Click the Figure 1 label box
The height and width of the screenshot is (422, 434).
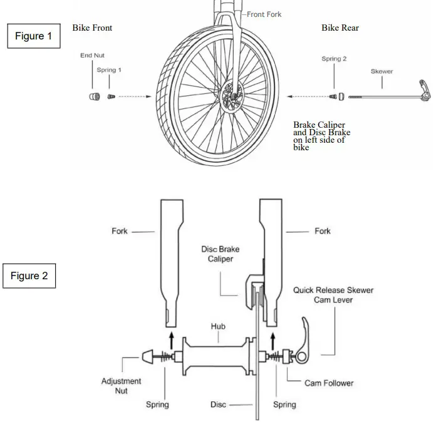(33, 36)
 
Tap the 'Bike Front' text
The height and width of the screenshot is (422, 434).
(92, 28)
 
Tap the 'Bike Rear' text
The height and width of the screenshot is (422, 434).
(340, 28)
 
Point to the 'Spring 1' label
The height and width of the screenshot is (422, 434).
(108, 70)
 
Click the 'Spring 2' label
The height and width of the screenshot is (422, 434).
(334, 59)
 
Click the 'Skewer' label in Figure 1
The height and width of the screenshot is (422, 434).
(382, 71)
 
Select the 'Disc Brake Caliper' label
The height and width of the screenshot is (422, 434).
(220, 254)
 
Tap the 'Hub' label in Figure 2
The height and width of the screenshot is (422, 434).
(218, 326)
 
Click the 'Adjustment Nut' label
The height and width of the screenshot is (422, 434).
(121, 385)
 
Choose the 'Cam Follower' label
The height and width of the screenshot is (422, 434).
(329, 383)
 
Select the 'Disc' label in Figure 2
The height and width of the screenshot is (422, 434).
(218, 404)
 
